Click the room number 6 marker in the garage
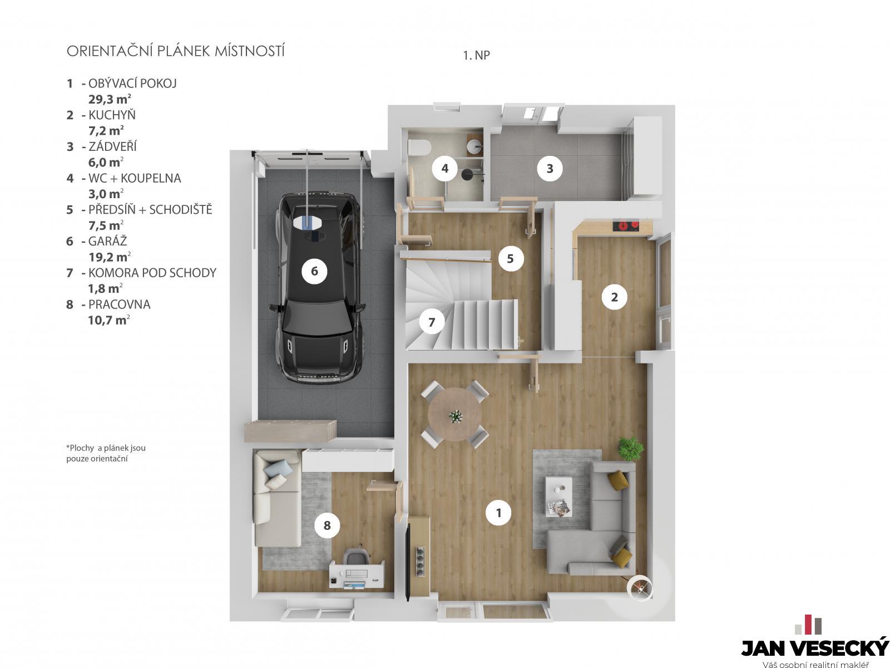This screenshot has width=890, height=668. tap(314, 271)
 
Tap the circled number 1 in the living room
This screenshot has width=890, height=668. tap(498, 513)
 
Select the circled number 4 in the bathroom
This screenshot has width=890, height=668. tap(444, 168)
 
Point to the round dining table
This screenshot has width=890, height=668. tap(455, 414)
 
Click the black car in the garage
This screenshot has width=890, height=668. tap(319, 288)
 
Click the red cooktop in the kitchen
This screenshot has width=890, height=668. tap(626, 225)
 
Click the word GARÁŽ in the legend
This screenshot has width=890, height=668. tap(107, 241)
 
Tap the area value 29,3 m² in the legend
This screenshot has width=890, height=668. tap(110, 99)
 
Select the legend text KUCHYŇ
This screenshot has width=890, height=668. tap(112, 115)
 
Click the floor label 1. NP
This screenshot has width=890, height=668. tap(476, 55)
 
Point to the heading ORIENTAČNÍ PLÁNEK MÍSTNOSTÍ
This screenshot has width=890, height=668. tap(176, 51)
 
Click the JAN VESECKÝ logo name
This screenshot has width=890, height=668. tap(815, 648)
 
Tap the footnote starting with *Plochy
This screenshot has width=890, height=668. tap(106, 453)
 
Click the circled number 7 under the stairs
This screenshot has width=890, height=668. tap(432, 322)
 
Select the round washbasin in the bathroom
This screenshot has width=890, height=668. tap(475, 146)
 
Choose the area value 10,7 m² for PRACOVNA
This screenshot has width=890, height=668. tap(108, 320)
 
